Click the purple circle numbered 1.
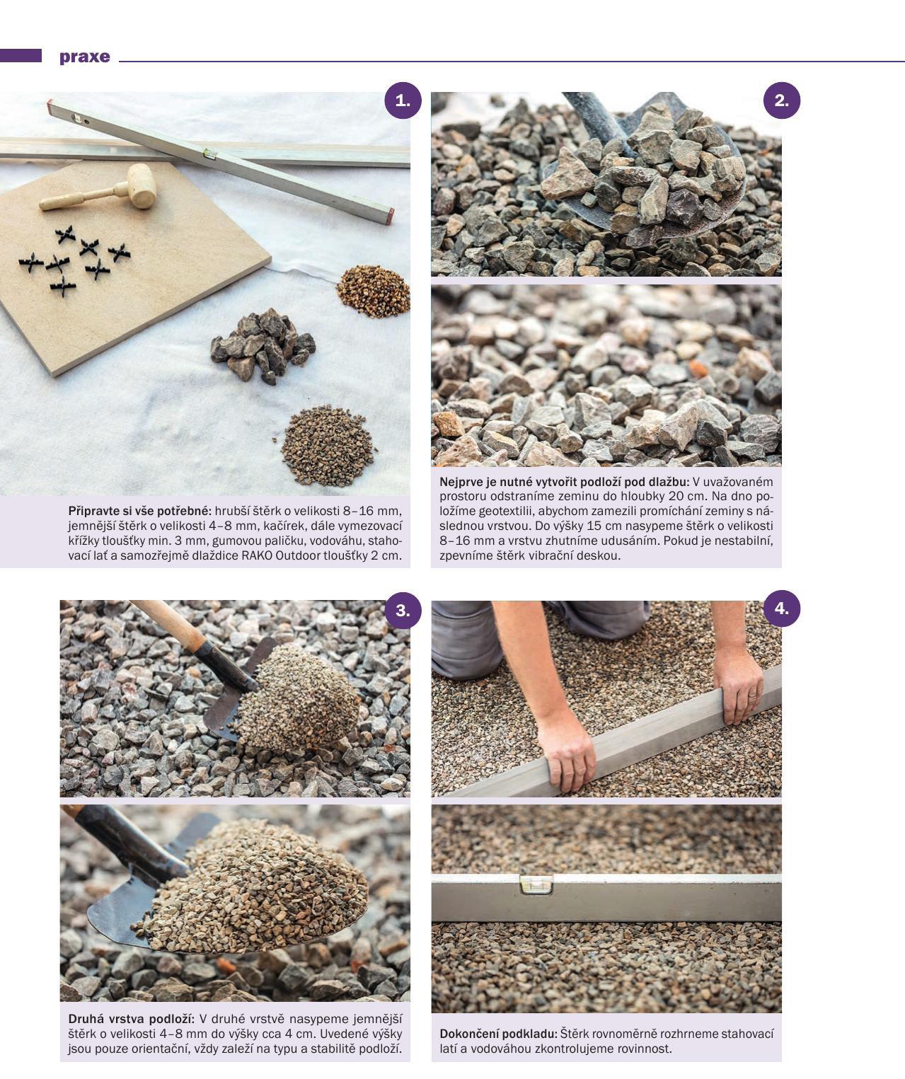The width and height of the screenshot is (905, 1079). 403,100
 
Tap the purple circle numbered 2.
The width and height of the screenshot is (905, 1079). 781,100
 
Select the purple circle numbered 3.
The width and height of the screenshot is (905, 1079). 403,611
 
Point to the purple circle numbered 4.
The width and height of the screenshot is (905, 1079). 781,608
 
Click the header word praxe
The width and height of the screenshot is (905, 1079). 85,57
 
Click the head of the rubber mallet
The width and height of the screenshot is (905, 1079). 142,185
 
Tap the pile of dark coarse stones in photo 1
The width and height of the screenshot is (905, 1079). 263,345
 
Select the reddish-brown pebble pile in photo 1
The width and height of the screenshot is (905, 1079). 373,291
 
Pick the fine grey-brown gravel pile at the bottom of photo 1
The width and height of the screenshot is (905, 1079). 327,446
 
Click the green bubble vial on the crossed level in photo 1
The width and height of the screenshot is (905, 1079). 209,153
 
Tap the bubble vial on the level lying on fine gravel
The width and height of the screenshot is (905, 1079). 536,884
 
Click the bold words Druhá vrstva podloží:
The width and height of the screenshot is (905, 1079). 132,1019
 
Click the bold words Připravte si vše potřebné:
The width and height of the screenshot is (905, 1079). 139,511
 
